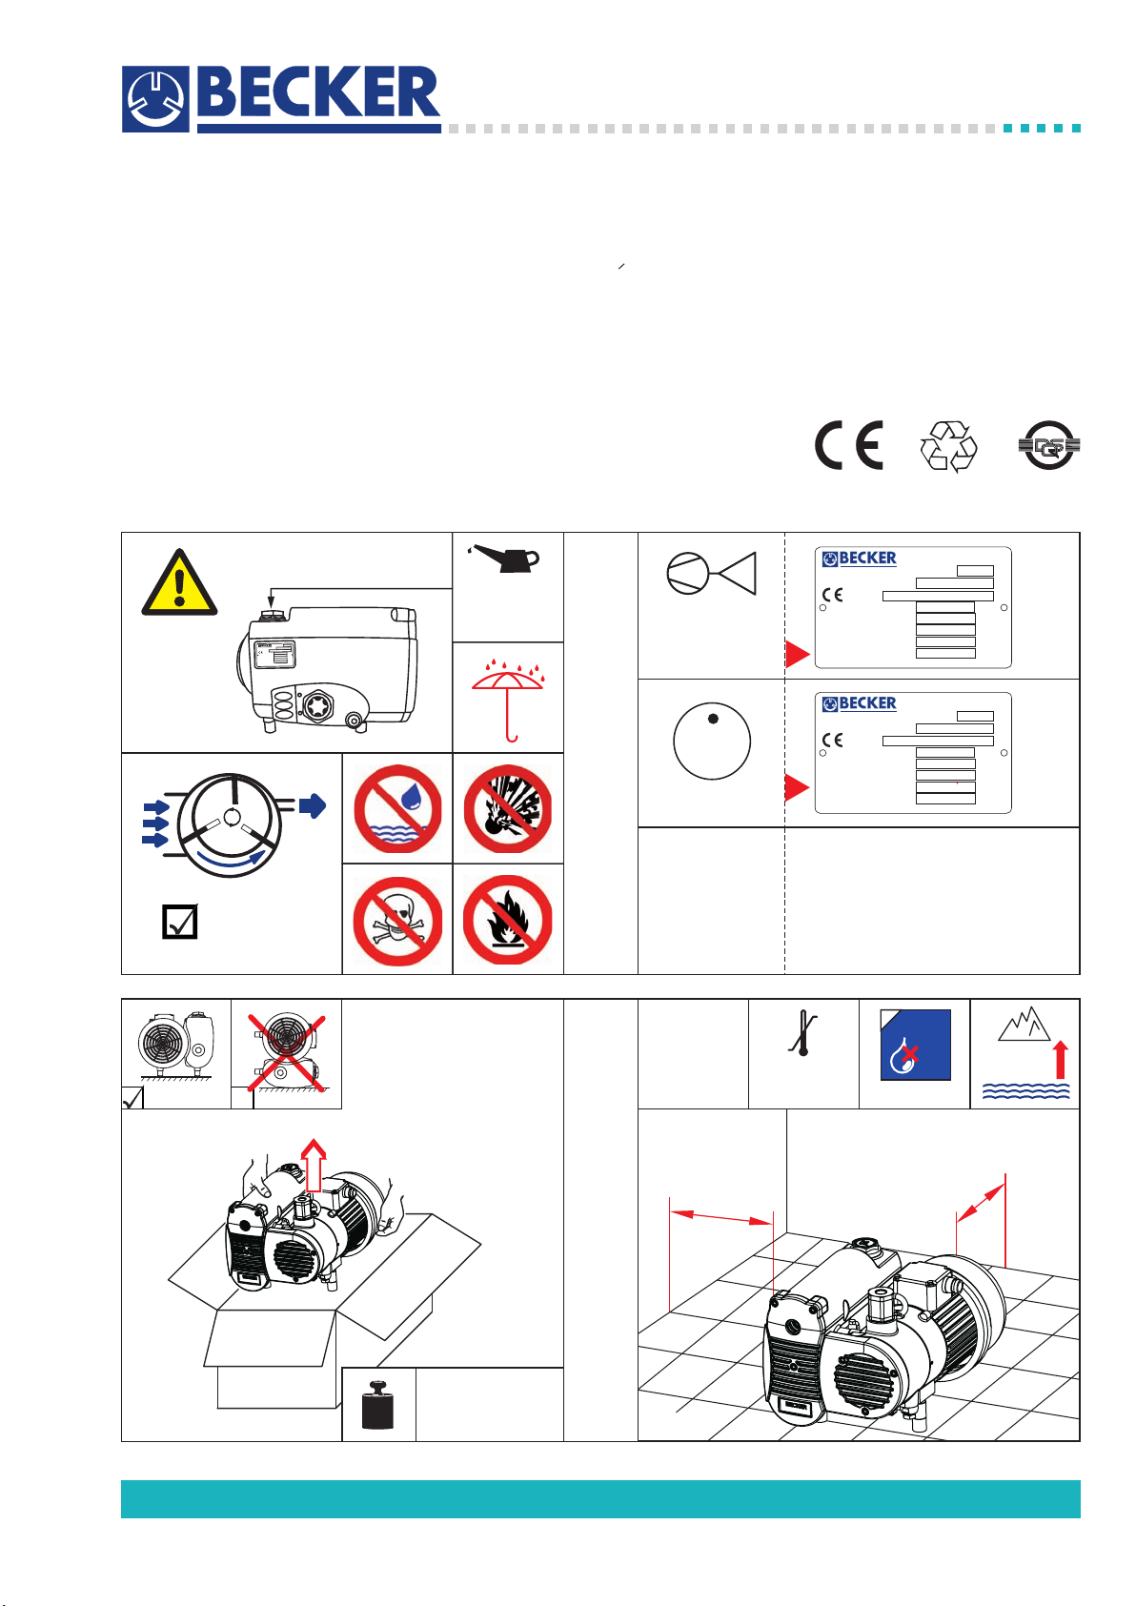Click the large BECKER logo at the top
(x=281, y=98)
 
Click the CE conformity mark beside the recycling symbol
(x=848, y=445)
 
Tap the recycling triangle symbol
(x=948, y=446)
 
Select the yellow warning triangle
(x=179, y=582)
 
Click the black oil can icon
(x=506, y=559)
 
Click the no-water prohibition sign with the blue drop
(x=397, y=809)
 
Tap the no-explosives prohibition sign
(x=508, y=809)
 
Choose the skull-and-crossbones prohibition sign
(x=397, y=921)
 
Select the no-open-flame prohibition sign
(x=508, y=921)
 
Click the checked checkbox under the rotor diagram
(x=180, y=922)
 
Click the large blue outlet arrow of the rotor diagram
(x=312, y=806)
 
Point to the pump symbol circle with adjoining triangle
(x=711, y=573)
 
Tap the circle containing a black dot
(x=712, y=742)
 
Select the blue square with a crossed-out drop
(x=915, y=1045)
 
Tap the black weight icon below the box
(x=378, y=1404)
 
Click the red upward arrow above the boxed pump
(x=314, y=1165)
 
